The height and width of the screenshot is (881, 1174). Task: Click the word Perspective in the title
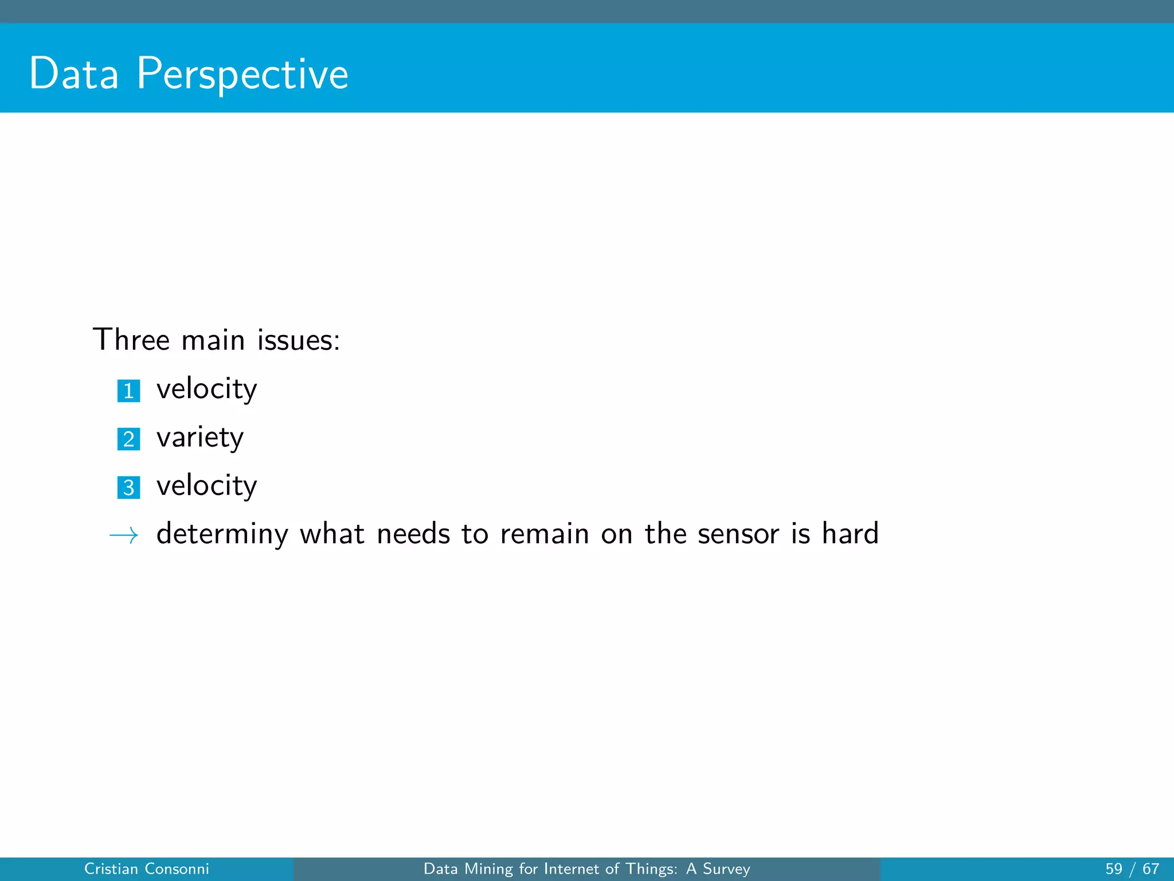[x=242, y=75]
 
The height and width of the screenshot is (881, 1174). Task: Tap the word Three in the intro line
[x=131, y=340]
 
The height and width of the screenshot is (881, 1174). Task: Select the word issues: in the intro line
[x=298, y=340]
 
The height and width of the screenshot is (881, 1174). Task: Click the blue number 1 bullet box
[x=128, y=391]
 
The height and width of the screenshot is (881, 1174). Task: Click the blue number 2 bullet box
[x=128, y=439]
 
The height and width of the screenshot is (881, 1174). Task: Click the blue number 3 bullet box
[x=128, y=488]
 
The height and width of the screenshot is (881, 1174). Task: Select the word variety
[x=199, y=438]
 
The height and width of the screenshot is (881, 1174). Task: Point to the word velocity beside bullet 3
[x=206, y=486]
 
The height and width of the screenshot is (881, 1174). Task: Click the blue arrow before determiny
[x=124, y=536]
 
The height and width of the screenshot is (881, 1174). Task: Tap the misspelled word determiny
[x=222, y=535]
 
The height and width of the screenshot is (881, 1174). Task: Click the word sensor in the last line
[x=738, y=535]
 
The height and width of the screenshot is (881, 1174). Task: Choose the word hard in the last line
[x=850, y=533]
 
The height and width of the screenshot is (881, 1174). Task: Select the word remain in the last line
[x=545, y=535]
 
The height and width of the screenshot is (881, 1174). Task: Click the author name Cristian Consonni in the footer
[x=146, y=869]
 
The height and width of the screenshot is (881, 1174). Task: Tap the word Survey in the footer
[x=726, y=870]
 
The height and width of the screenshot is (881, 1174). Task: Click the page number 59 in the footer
[x=1114, y=869]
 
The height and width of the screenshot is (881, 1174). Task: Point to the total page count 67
[x=1150, y=869]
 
